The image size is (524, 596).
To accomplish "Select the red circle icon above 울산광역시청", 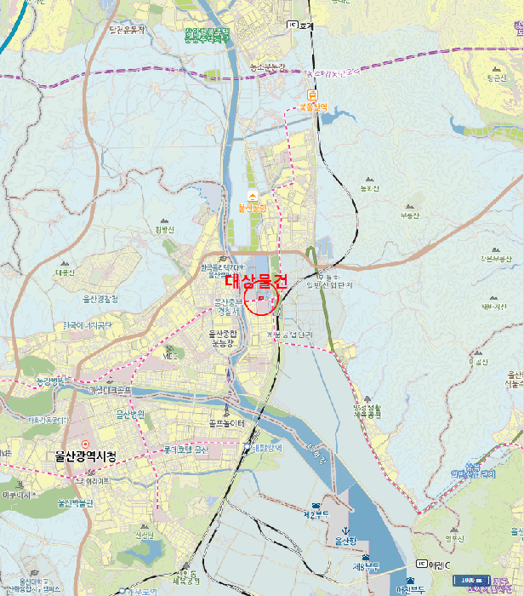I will (x=84, y=444).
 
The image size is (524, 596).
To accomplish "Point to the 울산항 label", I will (x=346, y=541).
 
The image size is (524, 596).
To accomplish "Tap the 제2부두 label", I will (x=316, y=514).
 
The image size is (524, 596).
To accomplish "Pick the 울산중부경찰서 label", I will (x=228, y=307).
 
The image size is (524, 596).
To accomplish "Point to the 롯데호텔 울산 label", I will (x=185, y=450).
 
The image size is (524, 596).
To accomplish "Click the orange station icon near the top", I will (x=313, y=95).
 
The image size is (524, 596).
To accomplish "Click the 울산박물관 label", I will (x=75, y=503).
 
